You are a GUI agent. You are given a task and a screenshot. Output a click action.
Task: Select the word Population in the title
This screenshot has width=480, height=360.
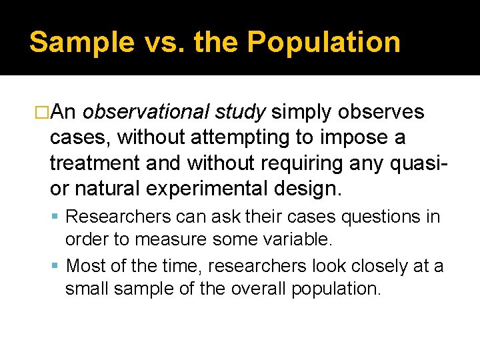pos(324,42)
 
